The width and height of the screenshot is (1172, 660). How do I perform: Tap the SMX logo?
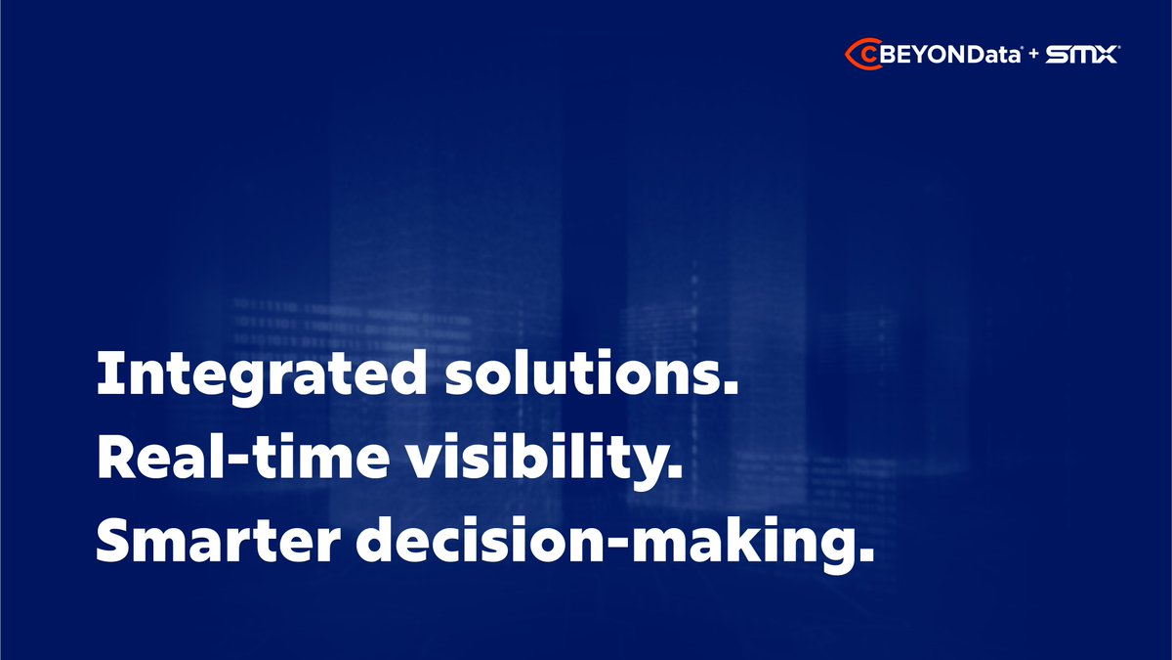[x=1081, y=56]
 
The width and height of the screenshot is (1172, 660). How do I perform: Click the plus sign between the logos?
[x=1034, y=56]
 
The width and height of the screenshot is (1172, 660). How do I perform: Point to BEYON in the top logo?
[x=918, y=56]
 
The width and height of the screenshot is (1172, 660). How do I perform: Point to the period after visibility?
[x=671, y=472]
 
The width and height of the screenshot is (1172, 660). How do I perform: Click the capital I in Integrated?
[x=105, y=373]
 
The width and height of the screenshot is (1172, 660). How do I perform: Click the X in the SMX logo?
[x=1106, y=56]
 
